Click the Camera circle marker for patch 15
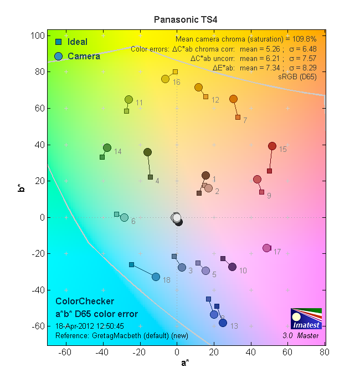coord(272,146)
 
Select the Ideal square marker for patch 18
coord(131,265)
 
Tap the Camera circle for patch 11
coord(129,100)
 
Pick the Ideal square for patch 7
coord(238,118)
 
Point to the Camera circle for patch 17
coord(266,248)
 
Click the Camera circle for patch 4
coord(148,152)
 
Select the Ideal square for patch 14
coord(102,157)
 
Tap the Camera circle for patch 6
coord(125,218)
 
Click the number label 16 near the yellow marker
coord(177,83)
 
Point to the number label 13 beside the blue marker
coord(234,326)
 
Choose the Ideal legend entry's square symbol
coord(58,42)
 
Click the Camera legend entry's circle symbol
coord(59,56)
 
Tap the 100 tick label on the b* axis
coord(36,35)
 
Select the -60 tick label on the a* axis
coord(65,352)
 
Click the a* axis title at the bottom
coord(184,363)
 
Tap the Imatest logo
coord(306,319)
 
